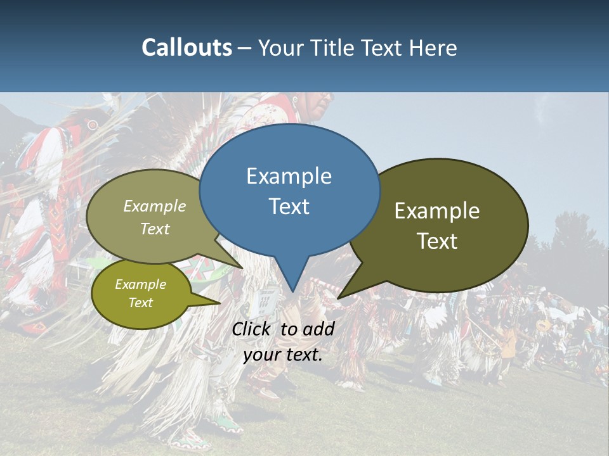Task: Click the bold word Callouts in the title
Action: pos(187,47)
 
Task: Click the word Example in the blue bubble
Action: pos(289,176)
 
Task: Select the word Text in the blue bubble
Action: pos(289,206)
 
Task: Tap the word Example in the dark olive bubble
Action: pos(437,211)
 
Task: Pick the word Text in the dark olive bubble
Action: pos(437,241)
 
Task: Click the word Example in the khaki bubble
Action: pos(155,206)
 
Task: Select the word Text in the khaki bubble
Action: pos(155,229)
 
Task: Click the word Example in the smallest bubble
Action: pos(140,284)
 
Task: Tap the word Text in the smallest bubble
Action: pos(140,303)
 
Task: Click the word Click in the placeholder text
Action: pos(253,329)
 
